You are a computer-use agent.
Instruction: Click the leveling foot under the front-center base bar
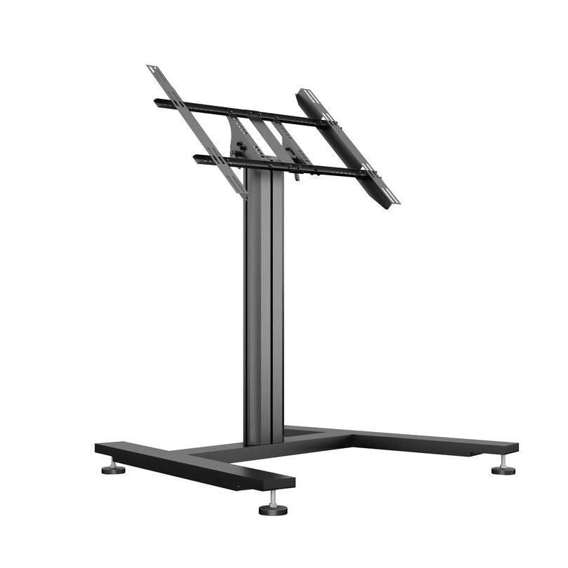[273, 510]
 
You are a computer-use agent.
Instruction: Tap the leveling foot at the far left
[113, 468]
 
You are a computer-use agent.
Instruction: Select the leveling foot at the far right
[503, 469]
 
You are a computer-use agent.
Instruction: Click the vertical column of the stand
[264, 309]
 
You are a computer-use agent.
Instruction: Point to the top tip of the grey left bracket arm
[151, 69]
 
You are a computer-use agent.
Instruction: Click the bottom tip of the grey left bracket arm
[241, 193]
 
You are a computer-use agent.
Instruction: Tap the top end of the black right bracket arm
[303, 93]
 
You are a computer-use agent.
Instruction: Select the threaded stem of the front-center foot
[272, 497]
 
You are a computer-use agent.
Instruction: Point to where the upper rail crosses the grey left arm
[182, 106]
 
